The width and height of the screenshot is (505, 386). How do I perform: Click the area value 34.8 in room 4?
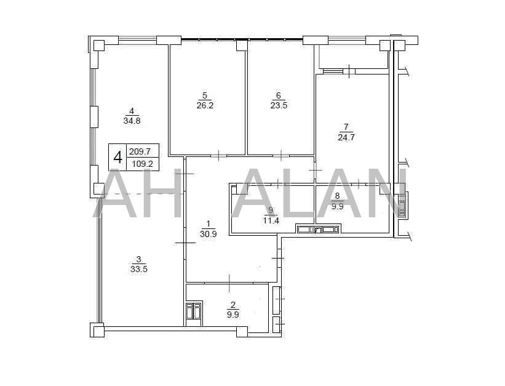[132, 121]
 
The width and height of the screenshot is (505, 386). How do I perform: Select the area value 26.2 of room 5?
[205, 105]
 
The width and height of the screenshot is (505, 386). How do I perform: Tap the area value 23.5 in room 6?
[279, 105]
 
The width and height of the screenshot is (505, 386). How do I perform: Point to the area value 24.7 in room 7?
[346, 137]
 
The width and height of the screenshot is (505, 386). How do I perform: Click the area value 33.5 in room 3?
[139, 269]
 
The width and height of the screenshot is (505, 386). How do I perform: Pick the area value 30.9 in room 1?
[208, 234]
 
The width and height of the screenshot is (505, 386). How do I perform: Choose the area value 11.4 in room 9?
[271, 220]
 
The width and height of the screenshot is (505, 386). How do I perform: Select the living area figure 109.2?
[143, 164]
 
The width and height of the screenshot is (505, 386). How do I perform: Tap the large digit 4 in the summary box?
[118, 158]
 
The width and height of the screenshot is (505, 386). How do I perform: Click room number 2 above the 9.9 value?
[233, 304]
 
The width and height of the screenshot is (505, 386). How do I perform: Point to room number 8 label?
[337, 196]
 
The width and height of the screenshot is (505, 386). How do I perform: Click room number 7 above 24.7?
[346, 126]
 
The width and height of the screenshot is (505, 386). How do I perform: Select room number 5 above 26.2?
[205, 95]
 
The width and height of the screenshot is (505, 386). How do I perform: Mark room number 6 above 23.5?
[279, 95]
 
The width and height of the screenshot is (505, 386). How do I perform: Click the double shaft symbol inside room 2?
[194, 311]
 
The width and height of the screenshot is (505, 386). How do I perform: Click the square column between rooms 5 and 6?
[242, 45]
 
